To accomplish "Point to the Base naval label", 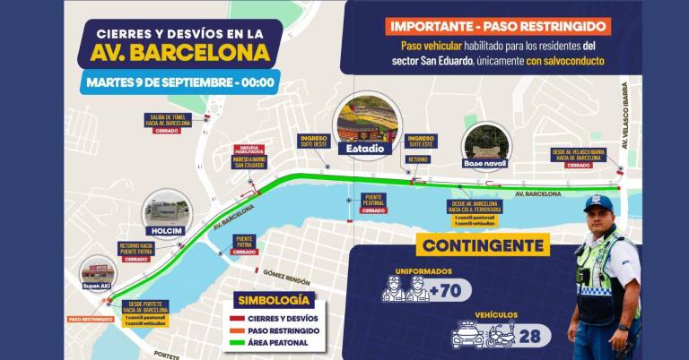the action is [x=485, y=163].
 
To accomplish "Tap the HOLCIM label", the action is [x=167, y=228].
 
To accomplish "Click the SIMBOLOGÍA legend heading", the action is [x=272, y=300].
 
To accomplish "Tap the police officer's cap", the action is [x=597, y=204].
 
